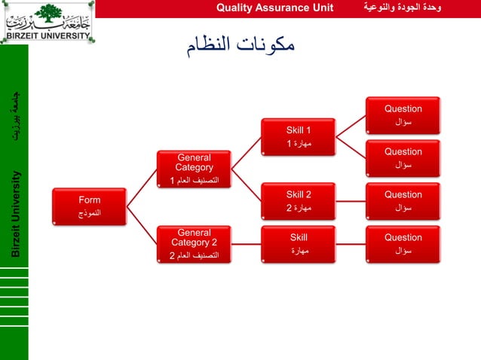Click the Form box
click(90, 206)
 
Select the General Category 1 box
click(194, 169)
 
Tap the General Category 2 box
click(194, 244)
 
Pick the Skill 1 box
click(299, 136)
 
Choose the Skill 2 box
click(299, 200)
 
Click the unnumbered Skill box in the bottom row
click(299, 243)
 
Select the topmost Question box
click(403, 114)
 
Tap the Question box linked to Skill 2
click(403, 200)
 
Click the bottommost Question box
click(403, 243)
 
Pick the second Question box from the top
click(403, 157)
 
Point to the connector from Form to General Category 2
click(142, 225)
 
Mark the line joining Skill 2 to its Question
click(351, 201)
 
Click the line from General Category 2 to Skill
click(246, 243)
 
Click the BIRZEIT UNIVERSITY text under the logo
click(47, 35)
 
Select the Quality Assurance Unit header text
click(274, 8)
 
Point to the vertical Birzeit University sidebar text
click(15, 214)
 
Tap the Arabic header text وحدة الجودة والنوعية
click(403, 8)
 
